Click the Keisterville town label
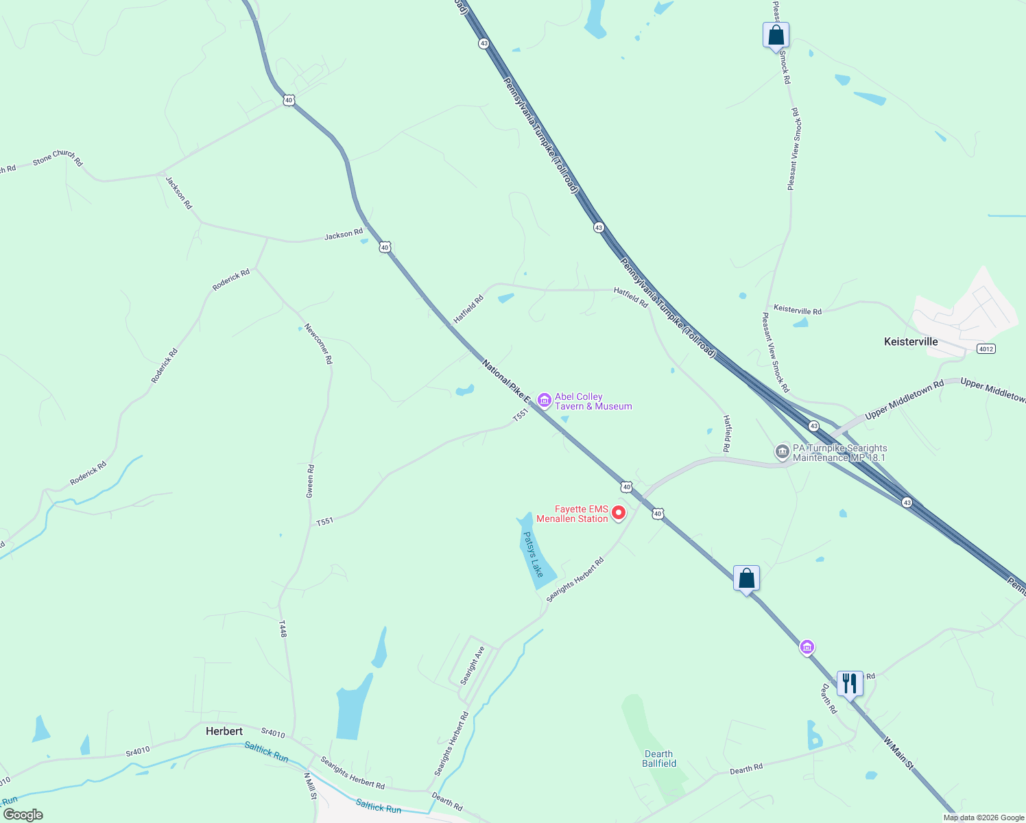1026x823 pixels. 911,342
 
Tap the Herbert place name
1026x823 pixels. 224,731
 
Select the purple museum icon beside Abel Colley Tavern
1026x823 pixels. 545,400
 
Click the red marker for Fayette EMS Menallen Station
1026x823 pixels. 619,513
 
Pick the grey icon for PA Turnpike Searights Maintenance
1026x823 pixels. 782,452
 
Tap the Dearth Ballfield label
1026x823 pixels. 659,759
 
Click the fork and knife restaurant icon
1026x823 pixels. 850,683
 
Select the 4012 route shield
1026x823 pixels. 986,349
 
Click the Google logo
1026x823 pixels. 23,815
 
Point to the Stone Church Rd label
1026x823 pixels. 58,158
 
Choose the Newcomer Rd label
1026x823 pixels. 319,344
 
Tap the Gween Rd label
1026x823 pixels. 311,481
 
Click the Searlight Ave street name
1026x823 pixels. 473,665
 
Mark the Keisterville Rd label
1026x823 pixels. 798,310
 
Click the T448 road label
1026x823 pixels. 283,629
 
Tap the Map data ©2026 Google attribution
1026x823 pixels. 983,818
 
